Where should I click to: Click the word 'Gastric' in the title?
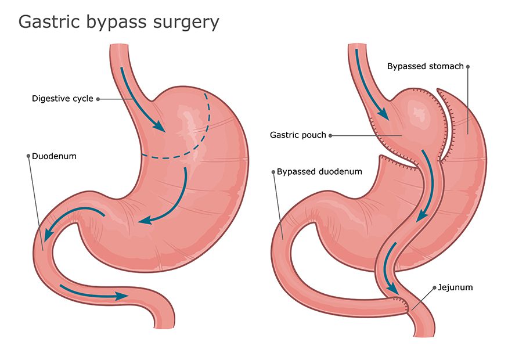click(x=49, y=22)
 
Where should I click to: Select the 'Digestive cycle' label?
click(x=63, y=99)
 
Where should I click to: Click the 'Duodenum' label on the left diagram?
click(x=54, y=156)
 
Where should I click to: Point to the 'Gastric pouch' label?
click(x=298, y=135)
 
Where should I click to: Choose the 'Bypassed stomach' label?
click(x=426, y=66)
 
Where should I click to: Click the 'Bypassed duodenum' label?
click(x=319, y=172)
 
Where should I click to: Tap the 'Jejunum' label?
click(x=455, y=287)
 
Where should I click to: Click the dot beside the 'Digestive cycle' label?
click(x=98, y=99)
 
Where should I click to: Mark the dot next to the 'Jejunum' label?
click(x=434, y=288)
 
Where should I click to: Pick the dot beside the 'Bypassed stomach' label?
click(x=468, y=67)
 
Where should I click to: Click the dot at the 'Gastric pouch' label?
click(x=330, y=135)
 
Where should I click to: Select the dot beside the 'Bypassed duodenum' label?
click(x=273, y=172)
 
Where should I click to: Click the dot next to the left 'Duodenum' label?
click(x=28, y=156)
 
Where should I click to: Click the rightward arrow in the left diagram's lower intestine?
click(x=94, y=293)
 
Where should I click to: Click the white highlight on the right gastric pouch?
click(x=419, y=112)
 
